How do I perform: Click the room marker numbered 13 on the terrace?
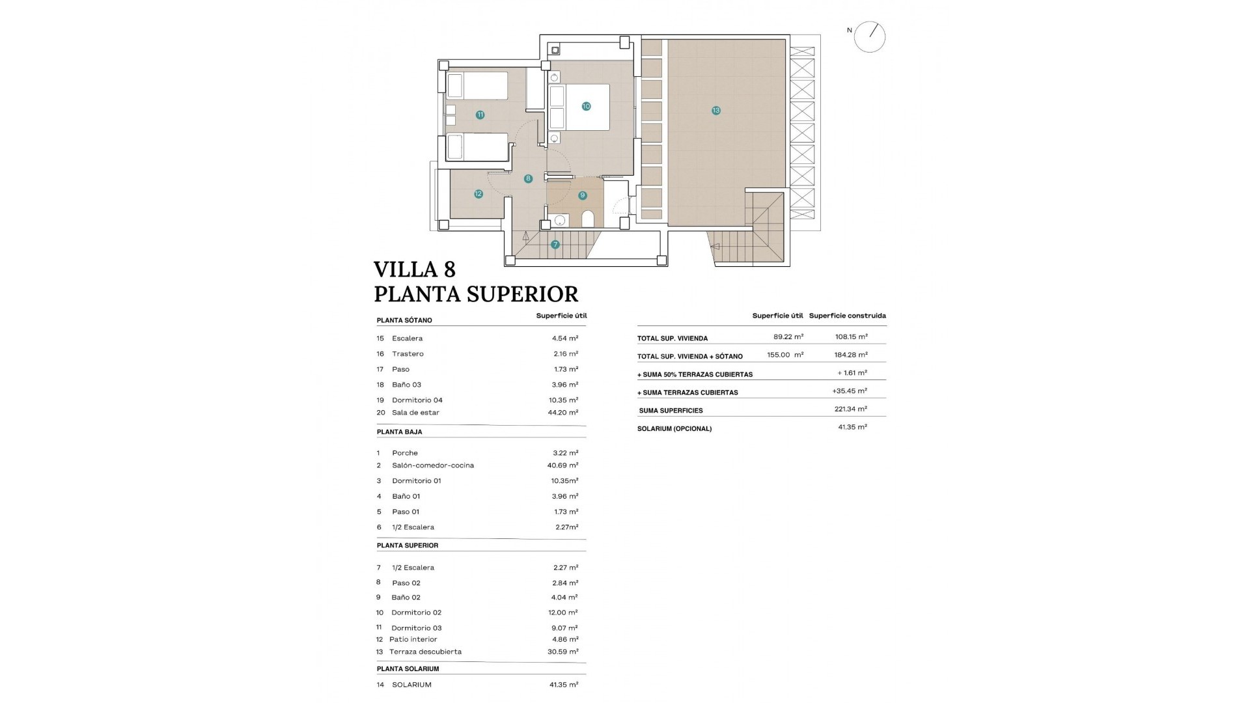click(x=716, y=111)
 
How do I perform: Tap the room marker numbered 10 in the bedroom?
click(x=586, y=106)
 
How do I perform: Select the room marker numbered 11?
click(x=480, y=115)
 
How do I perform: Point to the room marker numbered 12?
click(x=479, y=194)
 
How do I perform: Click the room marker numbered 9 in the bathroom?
click(x=582, y=195)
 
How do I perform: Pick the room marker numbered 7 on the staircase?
click(x=555, y=245)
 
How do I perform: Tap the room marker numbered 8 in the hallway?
click(x=528, y=178)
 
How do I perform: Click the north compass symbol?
click(x=870, y=36)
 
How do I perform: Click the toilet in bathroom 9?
click(x=588, y=219)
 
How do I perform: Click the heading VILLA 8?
click(x=415, y=269)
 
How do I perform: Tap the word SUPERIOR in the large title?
click(x=516, y=294)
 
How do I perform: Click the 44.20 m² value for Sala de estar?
click(x=563, y=412)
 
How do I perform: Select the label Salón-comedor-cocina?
click(x=433, y=465)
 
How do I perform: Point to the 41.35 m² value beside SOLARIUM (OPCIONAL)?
click(x=852, y=427)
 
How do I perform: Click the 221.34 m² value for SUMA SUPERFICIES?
click(x=852, y=409)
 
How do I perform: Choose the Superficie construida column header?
click(x=847, y=316)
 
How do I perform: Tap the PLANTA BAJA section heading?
click(x=400, y=432)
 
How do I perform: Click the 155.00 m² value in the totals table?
click(x=785, y=355)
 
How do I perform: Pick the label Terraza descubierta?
click(x=425, y=652)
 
